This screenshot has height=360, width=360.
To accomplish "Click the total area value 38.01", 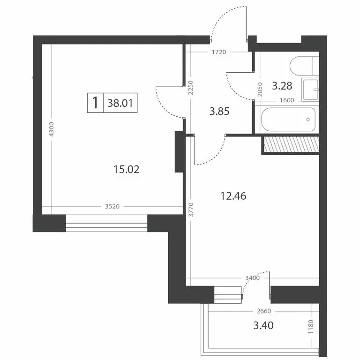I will point(119,103).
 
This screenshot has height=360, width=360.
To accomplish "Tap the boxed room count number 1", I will point(96,103).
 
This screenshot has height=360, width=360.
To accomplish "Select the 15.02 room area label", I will point(127,169).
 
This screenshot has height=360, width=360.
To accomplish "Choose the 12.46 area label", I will point(233,195).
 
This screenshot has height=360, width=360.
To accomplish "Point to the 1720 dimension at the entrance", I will point(218,52).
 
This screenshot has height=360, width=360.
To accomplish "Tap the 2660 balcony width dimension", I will point(265,311).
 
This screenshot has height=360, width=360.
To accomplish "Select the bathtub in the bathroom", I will point(286,120).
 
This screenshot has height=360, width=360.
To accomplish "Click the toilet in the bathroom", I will point(302,66).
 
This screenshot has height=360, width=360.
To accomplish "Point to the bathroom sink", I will point(310,90).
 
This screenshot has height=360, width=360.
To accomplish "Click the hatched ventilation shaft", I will point(290,144).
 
